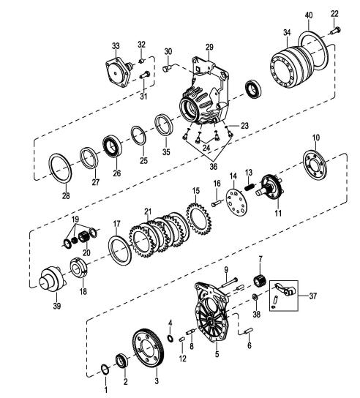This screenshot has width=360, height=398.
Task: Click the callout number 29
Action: [209, 48]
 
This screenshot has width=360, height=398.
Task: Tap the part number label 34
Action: [287, 33]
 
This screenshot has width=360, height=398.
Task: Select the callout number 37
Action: [312, 296]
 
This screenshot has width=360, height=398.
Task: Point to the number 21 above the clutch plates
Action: [148, 211]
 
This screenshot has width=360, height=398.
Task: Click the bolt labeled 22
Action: [335, 31]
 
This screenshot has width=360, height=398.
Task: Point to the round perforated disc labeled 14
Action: [236, 203]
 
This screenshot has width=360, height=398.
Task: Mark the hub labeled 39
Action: [52, 279]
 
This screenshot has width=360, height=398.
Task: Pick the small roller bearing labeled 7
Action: [260, 280]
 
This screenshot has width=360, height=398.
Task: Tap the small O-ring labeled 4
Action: [170, 338]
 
